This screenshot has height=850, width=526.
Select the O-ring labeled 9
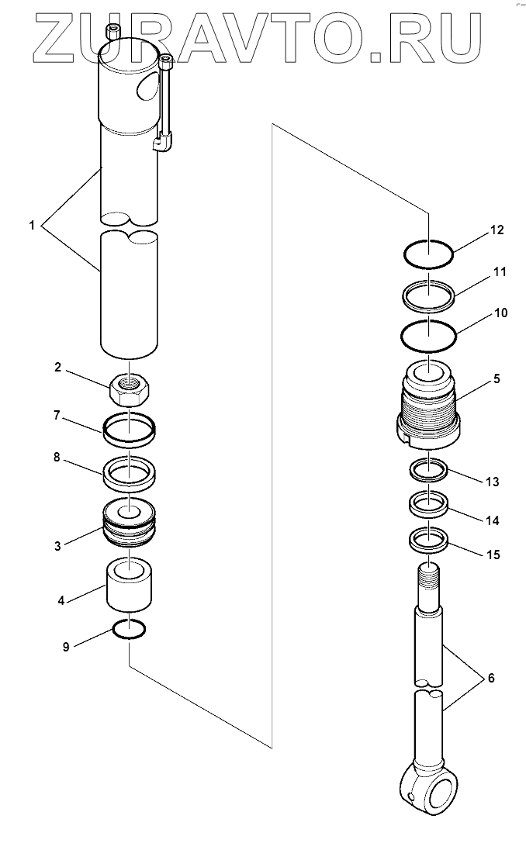coord(129,631)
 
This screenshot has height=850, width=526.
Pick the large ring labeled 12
coord(429,252)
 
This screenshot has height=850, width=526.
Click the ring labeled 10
coord(429,335)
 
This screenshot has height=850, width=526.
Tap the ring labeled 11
coord(429,294)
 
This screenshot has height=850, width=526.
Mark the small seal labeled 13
coord(429,469)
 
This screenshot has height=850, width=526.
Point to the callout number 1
coord(32,225)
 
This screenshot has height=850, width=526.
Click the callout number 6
coord(490,679)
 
